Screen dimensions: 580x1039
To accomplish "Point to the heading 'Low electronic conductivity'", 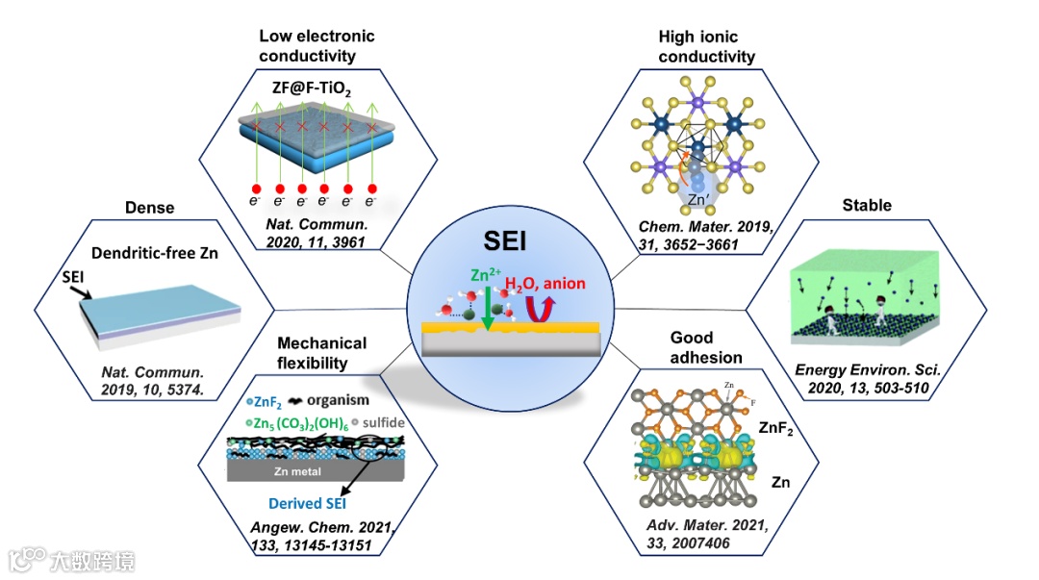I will [x=317, y=45].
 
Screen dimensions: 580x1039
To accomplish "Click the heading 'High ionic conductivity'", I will [x=707, y=46].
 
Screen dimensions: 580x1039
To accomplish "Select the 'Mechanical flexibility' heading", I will [x=321, y=352].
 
